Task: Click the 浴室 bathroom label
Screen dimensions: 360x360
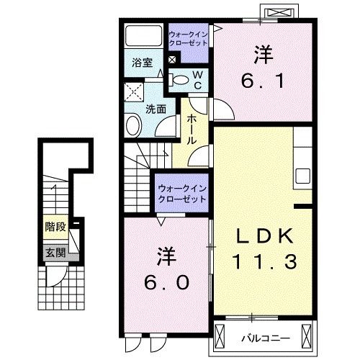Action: click(140, 63)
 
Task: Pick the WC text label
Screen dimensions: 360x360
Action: click(195, 80)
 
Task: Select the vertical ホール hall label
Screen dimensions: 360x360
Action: click(192, 130)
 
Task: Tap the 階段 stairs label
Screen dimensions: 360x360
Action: click(55, 227)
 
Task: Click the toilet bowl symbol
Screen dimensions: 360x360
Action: click(181, 79)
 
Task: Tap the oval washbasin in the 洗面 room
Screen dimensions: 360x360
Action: click(134, 127)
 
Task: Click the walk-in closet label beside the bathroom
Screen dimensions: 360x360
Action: click(188, 38)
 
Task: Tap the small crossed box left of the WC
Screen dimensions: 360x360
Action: click(172, 61)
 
